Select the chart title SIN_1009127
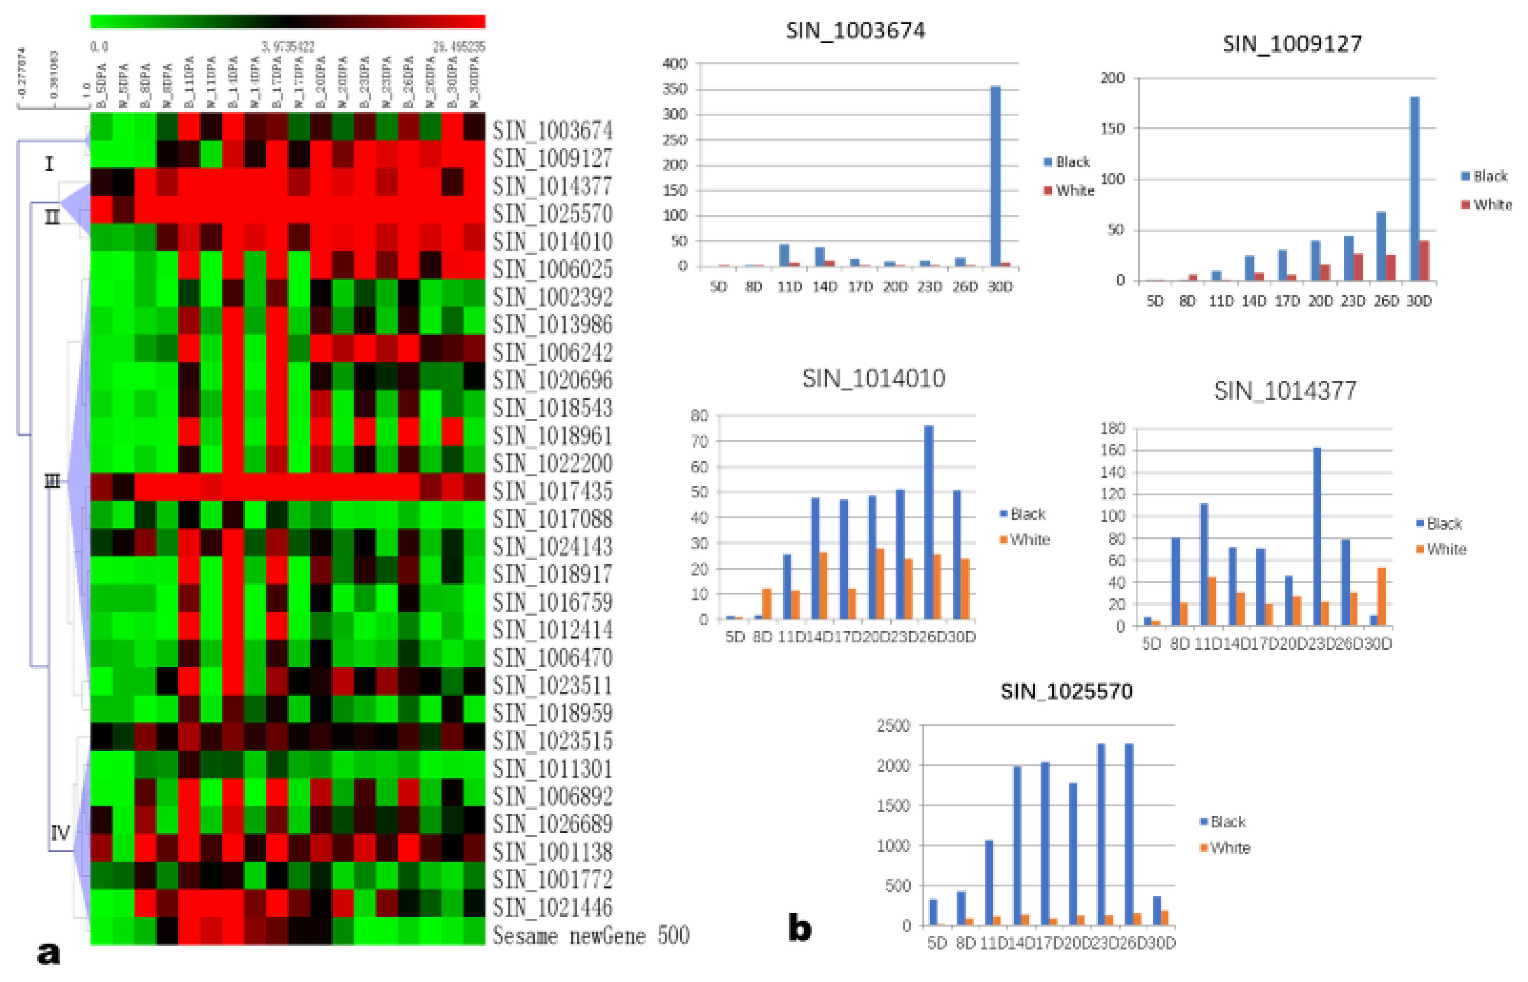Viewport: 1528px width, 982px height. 1292,43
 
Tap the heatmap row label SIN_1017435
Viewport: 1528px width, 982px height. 552,491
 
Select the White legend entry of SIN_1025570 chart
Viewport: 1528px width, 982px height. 1225,848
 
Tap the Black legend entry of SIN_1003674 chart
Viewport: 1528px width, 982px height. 1067,162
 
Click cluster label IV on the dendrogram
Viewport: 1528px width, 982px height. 60,832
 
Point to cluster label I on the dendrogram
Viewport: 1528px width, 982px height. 49,164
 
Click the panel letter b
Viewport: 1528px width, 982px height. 800,928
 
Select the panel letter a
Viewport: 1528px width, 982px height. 48,953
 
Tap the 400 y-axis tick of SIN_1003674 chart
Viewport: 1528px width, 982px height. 674,64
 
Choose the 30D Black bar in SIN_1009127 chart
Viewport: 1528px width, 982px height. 1414,188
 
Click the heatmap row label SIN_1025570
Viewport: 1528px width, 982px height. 552,214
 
